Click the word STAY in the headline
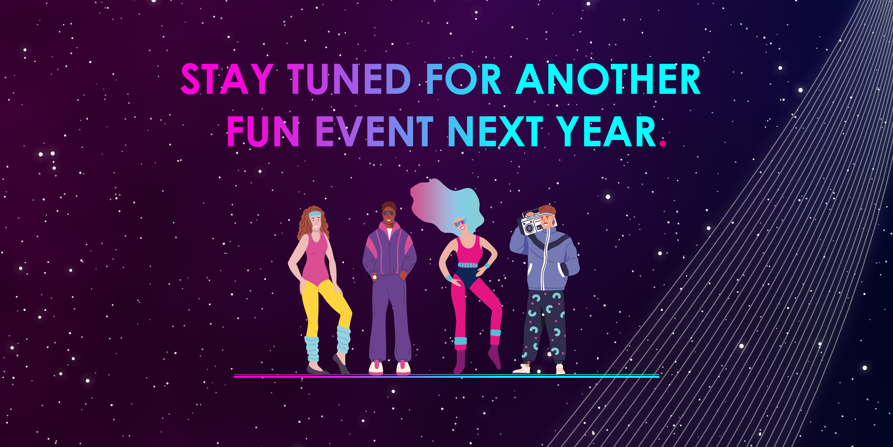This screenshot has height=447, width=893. tap(227, 79)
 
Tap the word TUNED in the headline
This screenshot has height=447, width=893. tap(349, 79)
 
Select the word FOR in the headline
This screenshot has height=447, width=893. tap(464, 79)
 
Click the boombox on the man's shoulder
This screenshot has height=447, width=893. tap(529, 222)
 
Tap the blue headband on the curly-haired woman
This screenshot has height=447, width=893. tap(315, 213)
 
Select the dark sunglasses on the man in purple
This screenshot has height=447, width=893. tap(389, 213)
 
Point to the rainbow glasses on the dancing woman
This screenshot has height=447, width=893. tap(460, 222)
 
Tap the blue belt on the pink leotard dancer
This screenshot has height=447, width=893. tap(468, 265)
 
